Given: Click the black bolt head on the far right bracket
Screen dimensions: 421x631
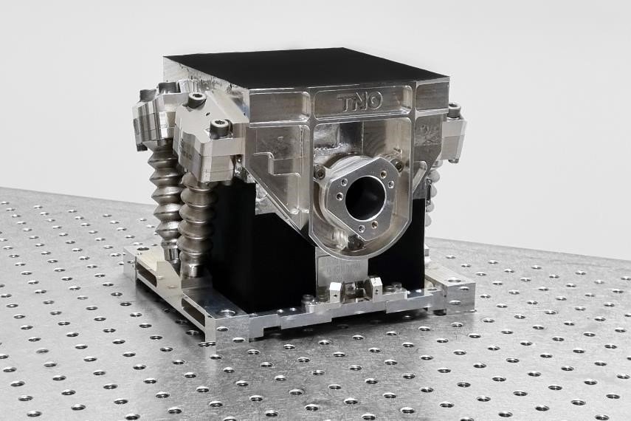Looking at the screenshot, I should point(454,111).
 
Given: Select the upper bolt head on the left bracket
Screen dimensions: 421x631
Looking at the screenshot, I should point(196,99).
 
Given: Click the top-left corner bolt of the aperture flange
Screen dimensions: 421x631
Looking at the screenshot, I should point(320,174).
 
